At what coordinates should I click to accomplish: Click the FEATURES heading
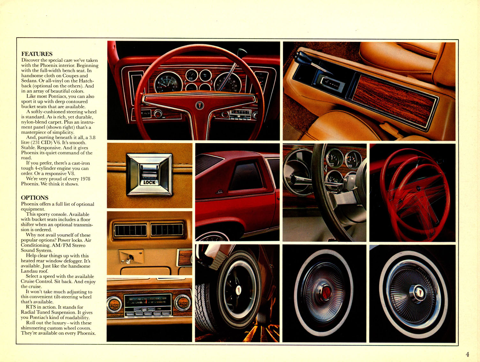point(37,54)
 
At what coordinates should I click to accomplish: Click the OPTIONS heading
point(34,198)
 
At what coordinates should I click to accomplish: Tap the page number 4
point(467,354)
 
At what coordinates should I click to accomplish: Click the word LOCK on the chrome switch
point(149,182)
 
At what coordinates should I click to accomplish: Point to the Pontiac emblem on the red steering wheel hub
point(199,105)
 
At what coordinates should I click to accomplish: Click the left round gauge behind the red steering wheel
point(168,82)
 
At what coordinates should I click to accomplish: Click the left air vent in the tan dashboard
point(130,230)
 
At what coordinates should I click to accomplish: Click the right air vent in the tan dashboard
point(167,230)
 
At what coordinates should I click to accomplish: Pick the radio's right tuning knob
point(182,303)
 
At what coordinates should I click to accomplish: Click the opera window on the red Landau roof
point(246,176)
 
